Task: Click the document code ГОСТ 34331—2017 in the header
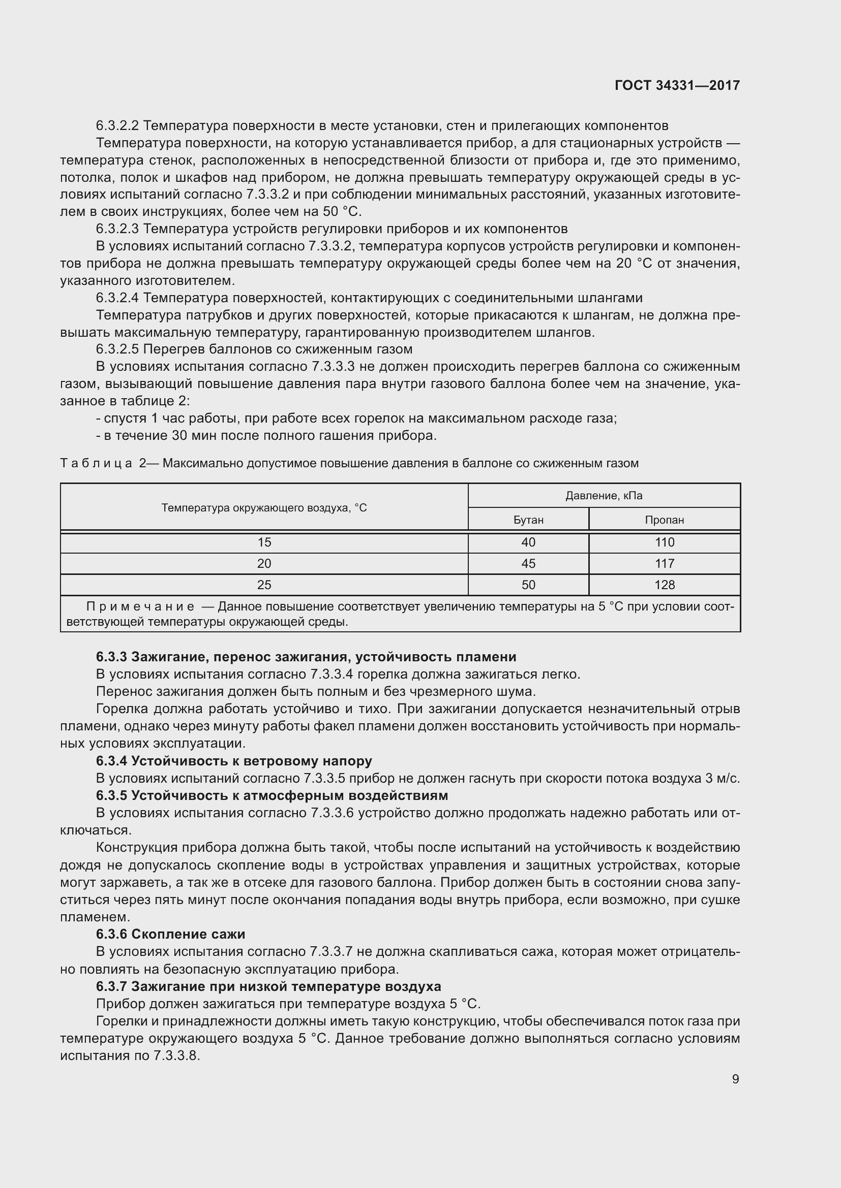point(677,85)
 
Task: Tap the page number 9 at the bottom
point(735,1079)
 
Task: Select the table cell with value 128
point(665,585)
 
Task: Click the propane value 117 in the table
point(665,563)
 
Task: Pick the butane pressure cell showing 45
point(528,563)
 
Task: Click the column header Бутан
point(528,520)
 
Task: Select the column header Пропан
point(665,520)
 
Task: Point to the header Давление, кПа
point(604,496)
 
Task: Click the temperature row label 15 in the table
point(264,542)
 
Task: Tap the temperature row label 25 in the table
point(264,585)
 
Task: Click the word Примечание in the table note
point(140,606)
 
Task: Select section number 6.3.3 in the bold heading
point(111,657)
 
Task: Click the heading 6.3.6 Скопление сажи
point(170,934)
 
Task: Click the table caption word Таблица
point(97,463)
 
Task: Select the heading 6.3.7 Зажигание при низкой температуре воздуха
point(268,986)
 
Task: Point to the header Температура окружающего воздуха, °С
point(264,507)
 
